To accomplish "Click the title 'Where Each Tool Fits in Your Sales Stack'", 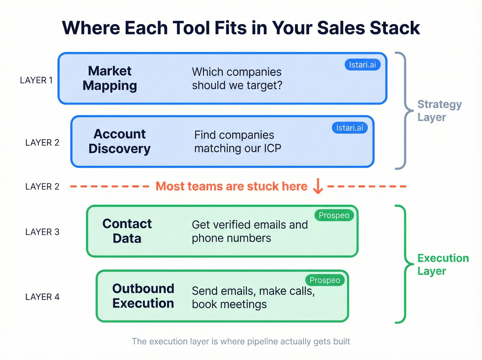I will [x=241, y=28].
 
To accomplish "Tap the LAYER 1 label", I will [x=36, y=80].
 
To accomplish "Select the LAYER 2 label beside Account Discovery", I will [x=42, y=143].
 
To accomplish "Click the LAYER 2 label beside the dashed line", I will [x=42, y=187].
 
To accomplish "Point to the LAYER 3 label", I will [x=42, y=232].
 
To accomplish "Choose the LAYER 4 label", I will [x=42, y=297].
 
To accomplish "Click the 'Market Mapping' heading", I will [x=110, y=78].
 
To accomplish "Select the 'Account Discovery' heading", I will [x=119, y=141].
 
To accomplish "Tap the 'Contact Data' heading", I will [x=127, y=231].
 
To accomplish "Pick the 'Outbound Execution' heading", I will [x=143, y=296].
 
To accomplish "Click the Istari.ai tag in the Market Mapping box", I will [x=362, y=65].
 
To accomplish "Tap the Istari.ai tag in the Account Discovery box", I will [x=349, y=128].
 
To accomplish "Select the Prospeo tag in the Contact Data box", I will [x=334, y=215].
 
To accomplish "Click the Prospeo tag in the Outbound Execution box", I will [x=325, y=280].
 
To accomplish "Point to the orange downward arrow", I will [x=318, y=186].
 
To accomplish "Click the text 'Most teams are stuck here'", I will [x=231, y=186].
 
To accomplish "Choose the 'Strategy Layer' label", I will [x=439, y=111].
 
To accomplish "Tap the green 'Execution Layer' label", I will [x=443, y=265].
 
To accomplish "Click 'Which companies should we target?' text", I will [x=237, y=79].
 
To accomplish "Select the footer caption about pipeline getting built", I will [x=241, y=341].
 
